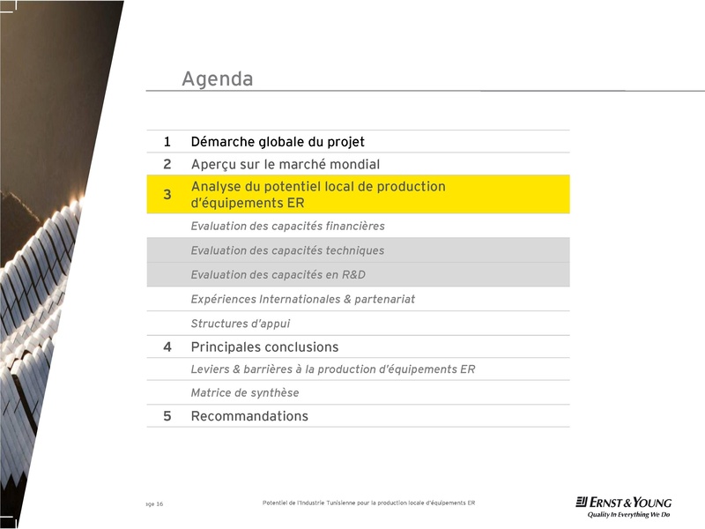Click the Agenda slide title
pyautogui.click(x=217, y=79)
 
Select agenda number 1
pyautogui.click(x=167, y=142)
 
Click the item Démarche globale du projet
pyautogui.click(x=278, y=142)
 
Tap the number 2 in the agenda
pyautogui.click(x=167, y=164)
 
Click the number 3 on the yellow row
pyautogui.click(x=167, y=195)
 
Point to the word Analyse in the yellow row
pyautogui.click(x=216, y=187)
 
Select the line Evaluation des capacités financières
pyautogui.click(x=287, y=227)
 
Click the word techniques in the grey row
pyautogui.click(x=352, y=250)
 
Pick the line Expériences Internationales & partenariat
pyautogui.click(x=302, y=300)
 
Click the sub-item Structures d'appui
pyautogui.click(x=240, y=324)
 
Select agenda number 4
pyautogui.click(x=167, y=347)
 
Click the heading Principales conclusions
pyautogui.click(x=264, y=347)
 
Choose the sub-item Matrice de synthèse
pyautogui.click(x=244, y=393)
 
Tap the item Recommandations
pyautogui.click(x=249, y=416)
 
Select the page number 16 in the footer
pyautogui.click(x=160, y=504)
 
